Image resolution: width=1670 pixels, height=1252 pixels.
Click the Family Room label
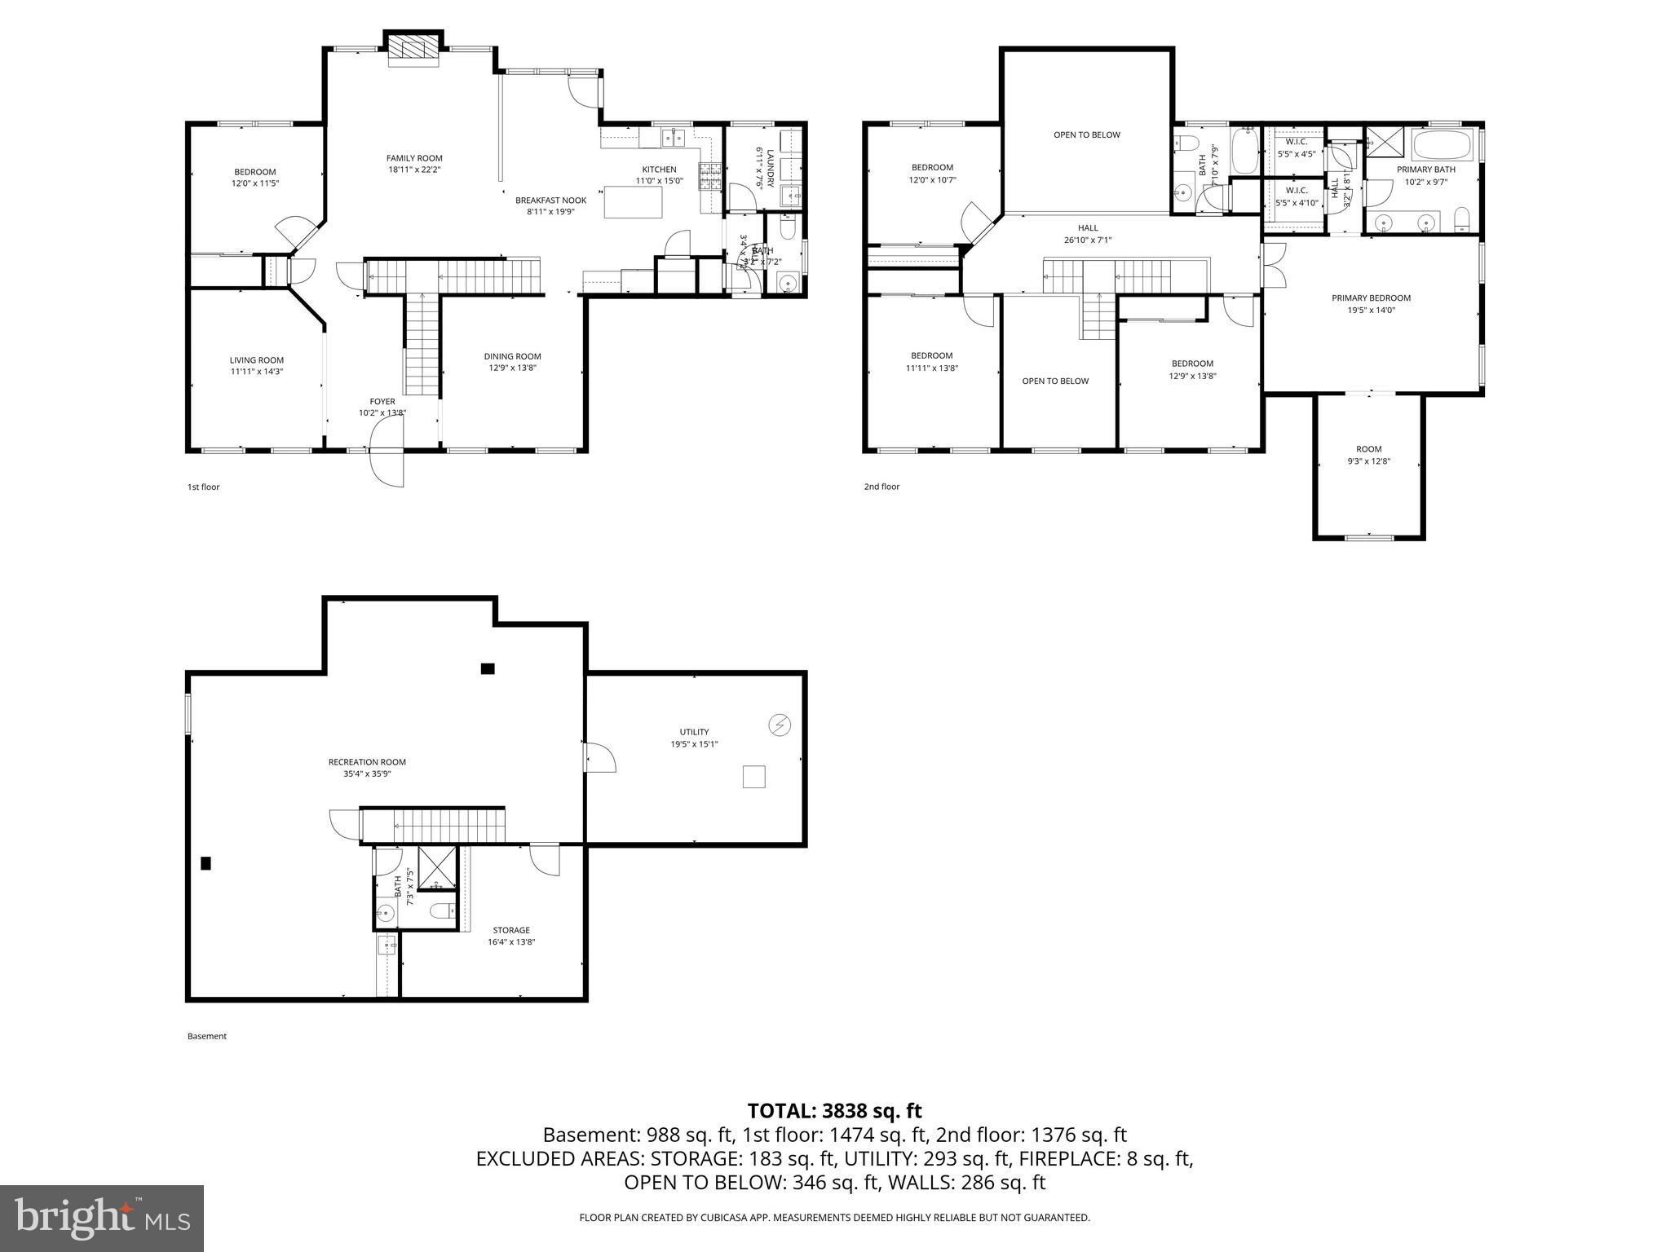pos(414,158)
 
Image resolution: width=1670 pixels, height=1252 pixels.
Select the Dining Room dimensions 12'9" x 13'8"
pos(512,368)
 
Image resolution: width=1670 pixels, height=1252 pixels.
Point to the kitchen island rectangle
pos(634,202)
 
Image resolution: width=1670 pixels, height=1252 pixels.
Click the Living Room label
pos(256,359)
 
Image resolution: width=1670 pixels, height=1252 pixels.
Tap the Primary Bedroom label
pos(1371,298)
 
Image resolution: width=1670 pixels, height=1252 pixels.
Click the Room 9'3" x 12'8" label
pos(1368,455)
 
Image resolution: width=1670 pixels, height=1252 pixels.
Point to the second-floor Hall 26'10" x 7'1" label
pos(1087,234)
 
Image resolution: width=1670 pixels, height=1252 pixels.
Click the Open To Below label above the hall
pos(1086,134)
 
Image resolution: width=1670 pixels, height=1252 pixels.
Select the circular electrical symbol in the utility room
pos(779,725)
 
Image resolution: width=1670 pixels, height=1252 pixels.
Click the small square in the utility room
pos(753,777)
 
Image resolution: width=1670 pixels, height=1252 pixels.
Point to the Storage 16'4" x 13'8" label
pos(511,936)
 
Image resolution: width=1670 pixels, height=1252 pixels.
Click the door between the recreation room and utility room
pos(600,757)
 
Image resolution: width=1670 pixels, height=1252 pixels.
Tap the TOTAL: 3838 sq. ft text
pos(834,1110)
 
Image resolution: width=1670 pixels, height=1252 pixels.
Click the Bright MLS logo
pos(102,1218)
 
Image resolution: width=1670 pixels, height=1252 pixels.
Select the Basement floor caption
pos(207,1036)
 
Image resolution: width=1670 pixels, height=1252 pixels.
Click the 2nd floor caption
pos(881,487)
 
